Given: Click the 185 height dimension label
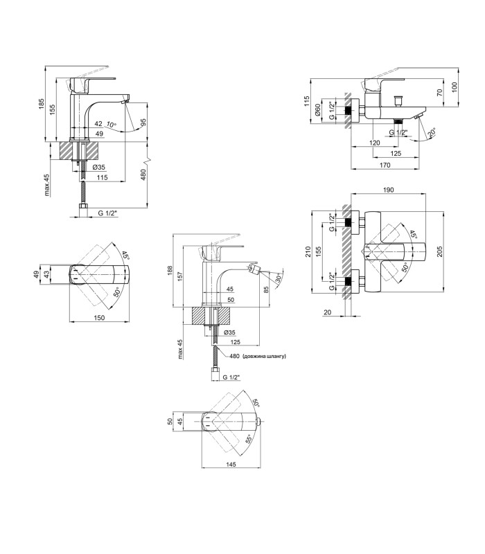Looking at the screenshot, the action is (x=42, y=103).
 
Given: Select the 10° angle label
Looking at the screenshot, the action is (x=111, y=125).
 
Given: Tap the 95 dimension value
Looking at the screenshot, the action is (x=143, y=123).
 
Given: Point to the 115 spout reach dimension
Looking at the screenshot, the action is (x=102, y=177).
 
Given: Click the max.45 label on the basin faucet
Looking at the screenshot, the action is (x=47, y=185).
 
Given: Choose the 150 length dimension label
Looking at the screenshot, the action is (x=99, y=317).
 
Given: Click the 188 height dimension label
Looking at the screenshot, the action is (x=170, y=271).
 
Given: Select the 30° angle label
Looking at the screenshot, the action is (x=279, y=278).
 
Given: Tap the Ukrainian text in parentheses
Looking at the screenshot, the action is (x=264, y=356).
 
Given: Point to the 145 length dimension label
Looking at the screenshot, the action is (x=231, y=464).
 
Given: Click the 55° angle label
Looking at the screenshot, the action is (x=249, y=439).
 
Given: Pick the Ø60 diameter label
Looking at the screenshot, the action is (x=318, y=110).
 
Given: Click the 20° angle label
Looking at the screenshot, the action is (x=431, y=133).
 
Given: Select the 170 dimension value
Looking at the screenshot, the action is (x=385, y=165).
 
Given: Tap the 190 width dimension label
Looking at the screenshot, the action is (x=388, y=190).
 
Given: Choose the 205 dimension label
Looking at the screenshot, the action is (x=439, y=251).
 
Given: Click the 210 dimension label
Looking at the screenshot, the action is (x=308, y=251).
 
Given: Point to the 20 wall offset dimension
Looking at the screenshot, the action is (x=327, y=312).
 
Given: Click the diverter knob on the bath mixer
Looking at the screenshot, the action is (x=398, y=100).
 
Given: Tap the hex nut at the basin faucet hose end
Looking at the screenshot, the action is (x=83, y=206).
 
